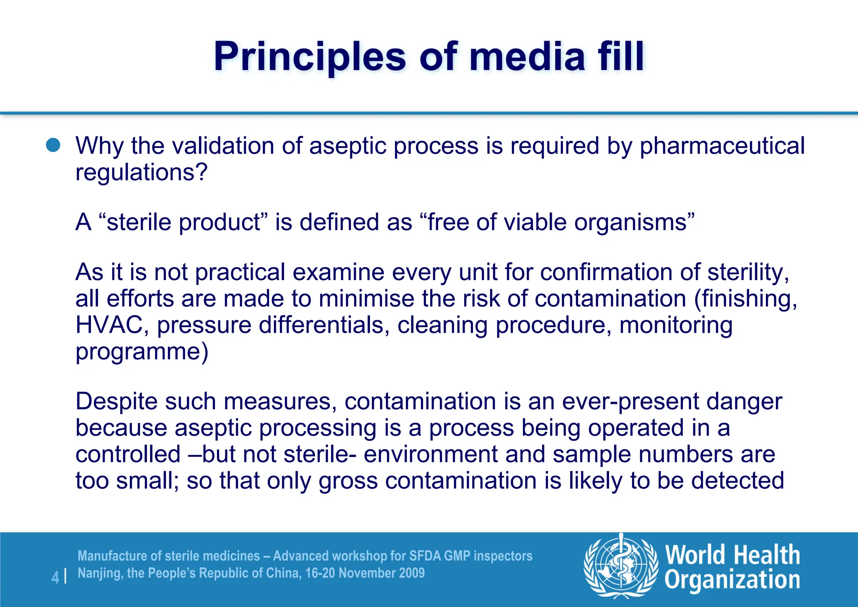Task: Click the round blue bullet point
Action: tap(53, 145)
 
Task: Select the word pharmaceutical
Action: tap(722, 146)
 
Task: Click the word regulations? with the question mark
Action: tap(141, 172)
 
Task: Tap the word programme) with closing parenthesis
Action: tap(142, 351)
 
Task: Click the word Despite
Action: tap(116, 402)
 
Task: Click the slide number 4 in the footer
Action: tap(55, 578)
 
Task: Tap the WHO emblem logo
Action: tap(621, 566)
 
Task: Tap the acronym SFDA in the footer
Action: tap(425, 556)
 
